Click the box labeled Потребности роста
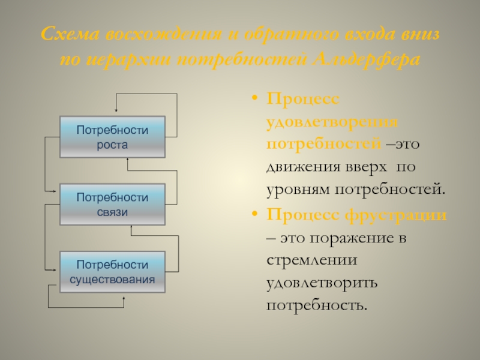pyautogui.click(x=112, y=137)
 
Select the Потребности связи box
pyautogui.click(x=112, y=204)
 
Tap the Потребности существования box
pyautogui.click(x=112, y=272)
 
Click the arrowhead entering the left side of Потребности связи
pyautogui.click(x=55, y=192)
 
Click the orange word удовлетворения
pyautogui.click(x=332, y=121)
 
